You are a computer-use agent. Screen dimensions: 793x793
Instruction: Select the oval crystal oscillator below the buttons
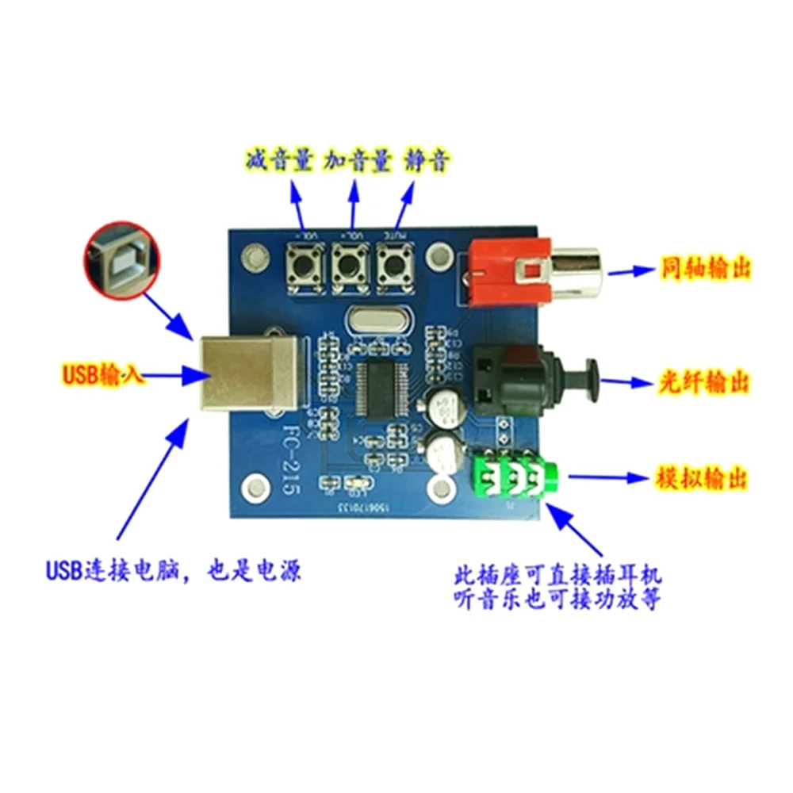point(371,321)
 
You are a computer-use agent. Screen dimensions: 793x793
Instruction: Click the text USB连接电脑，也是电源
point(173,569)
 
